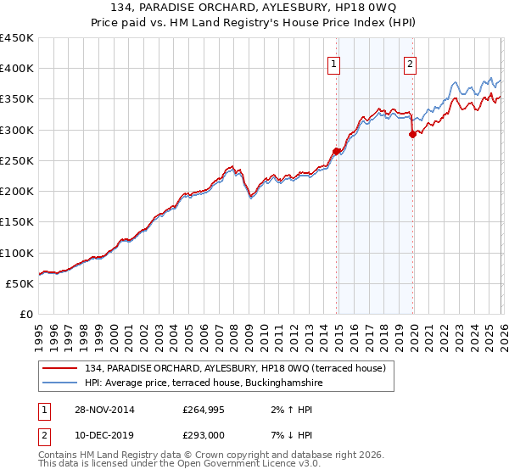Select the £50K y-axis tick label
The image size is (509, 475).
20,283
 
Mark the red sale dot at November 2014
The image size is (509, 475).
336,151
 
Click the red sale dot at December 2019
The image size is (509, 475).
413,134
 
